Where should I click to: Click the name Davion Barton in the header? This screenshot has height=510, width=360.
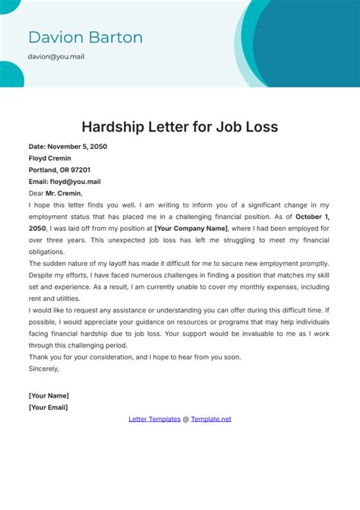(85, 37)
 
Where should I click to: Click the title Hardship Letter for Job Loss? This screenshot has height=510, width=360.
(179, 126)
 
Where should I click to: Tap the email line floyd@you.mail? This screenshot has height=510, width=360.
(65, 182)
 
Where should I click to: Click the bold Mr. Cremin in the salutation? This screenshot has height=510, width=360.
(65, 193)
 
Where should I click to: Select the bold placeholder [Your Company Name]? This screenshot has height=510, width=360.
(191, 228)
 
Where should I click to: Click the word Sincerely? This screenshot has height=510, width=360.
(43, 369)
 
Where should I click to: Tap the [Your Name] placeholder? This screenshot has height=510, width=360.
(49, 395)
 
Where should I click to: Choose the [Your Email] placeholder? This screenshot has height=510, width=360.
(48, 407)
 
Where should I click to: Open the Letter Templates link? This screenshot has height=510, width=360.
(154, 419)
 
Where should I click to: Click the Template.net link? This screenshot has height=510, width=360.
(211, 419)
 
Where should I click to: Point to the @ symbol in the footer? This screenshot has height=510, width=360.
(185, 419)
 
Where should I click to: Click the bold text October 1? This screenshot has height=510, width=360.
(308, 217)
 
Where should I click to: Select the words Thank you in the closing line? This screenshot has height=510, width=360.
(44, 357)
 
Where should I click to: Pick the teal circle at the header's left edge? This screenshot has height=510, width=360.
(9, 74)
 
